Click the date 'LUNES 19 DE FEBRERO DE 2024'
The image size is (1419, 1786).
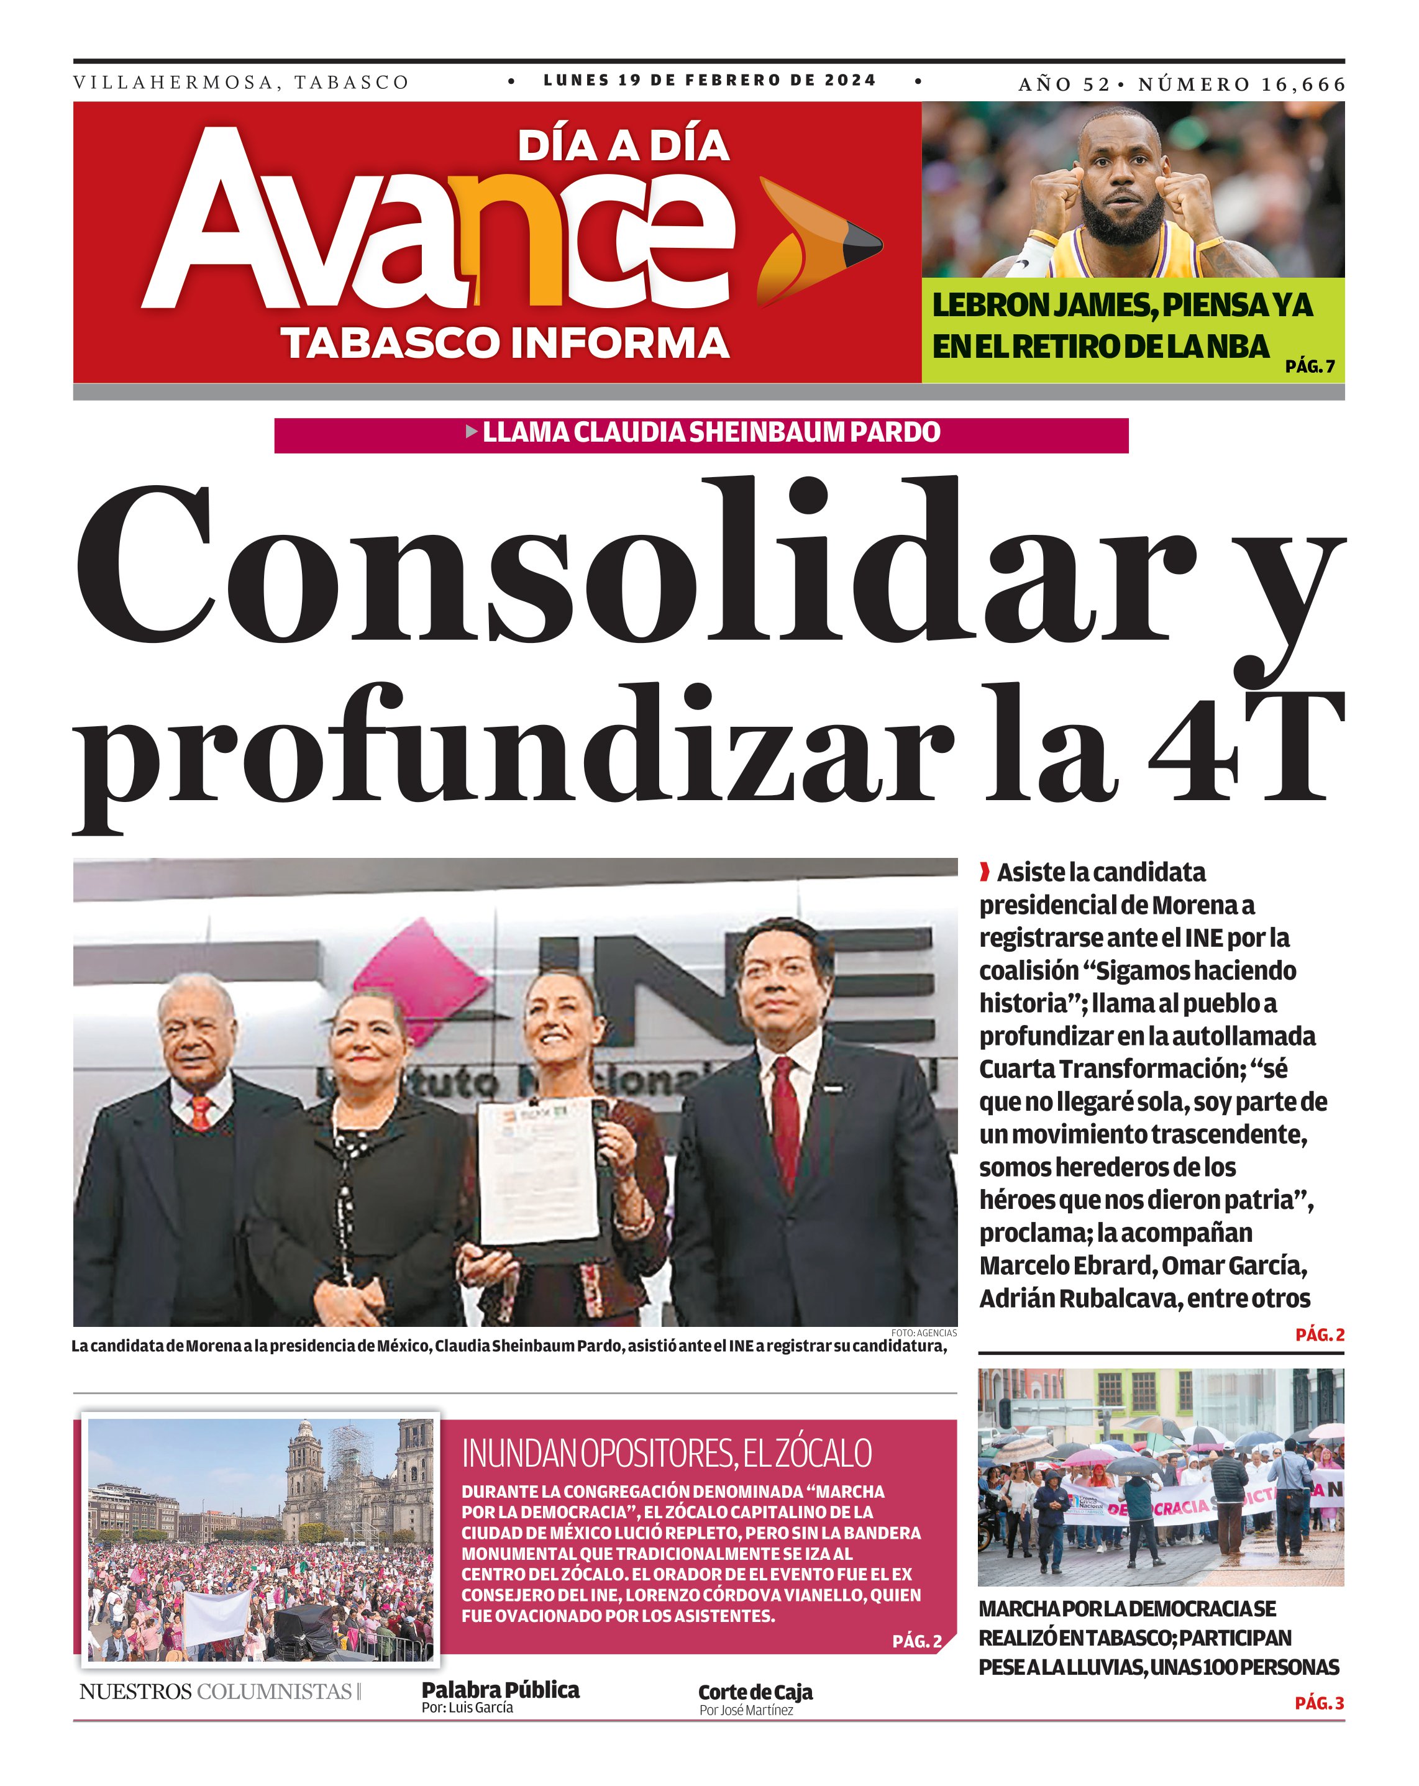click(x=709, y=80)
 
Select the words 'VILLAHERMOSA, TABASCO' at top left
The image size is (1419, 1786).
click(x=241, y=83)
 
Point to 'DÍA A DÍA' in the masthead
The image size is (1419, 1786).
click(x=623, y=146)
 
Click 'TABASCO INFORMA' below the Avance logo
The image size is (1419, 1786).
click(x=505, y=343)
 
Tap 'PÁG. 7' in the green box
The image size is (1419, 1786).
click(x=1310, y=365)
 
